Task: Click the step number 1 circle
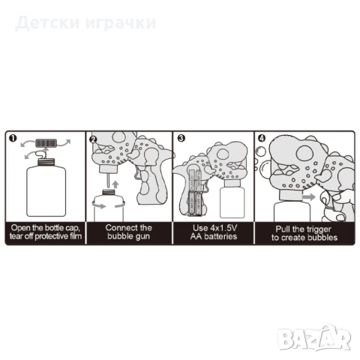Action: click(x=12, y=139)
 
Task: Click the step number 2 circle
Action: click(x=94, y=139)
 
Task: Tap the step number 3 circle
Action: click(x=181, y=139)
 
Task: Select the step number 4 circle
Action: click(x=260, y=139)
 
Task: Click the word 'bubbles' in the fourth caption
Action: click(x=319, y=237)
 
